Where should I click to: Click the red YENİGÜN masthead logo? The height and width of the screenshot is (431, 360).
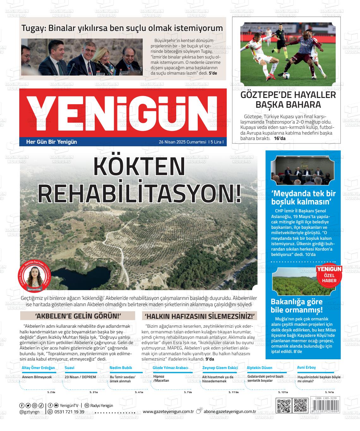(x=123, y=113)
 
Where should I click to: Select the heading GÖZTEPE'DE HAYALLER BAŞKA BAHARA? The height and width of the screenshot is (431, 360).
(x=288, y=100)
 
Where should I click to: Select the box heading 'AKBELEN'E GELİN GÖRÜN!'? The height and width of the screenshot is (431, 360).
(x=78, y=316)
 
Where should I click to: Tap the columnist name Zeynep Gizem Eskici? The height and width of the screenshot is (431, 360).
(x=220, y=368)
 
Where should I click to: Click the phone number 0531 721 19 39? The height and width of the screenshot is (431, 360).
(x=69, y=412)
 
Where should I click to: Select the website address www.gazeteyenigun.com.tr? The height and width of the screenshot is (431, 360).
(x=168, y=411)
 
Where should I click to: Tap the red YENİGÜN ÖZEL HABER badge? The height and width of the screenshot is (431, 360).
(x=329, y=274)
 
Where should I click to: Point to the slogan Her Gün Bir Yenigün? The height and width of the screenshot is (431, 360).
(x=51, y=142)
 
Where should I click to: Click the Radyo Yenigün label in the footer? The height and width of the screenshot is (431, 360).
(x=101, y=405)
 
